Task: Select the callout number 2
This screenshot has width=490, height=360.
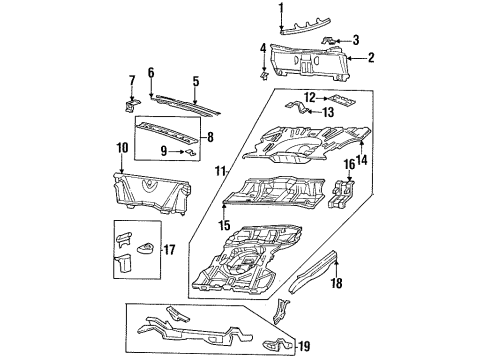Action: pyautogui.click(x=371, y=58)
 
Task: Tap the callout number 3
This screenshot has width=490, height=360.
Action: pyautogui.click(x=355, y=40)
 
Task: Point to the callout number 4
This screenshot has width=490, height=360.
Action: pyautogui.click(x=263, y=48)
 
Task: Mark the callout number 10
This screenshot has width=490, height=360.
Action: pyautogui.click(x=122, y=148)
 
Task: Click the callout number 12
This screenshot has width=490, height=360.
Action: pyautogui.click(x=309, y=96)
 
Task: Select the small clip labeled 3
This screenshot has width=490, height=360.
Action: pyautogui.click(x=329, y=41)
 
